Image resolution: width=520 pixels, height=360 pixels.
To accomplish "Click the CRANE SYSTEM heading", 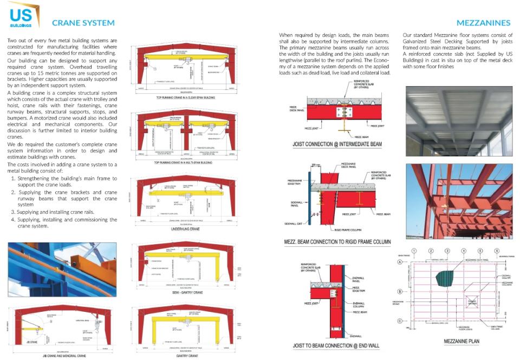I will coord(83,23).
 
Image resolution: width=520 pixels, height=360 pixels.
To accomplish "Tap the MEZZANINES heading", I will coord(483,23).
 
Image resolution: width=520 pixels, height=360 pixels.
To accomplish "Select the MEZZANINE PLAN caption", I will coord(461,342).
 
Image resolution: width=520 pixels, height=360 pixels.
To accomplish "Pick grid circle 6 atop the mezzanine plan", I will coord(497,251).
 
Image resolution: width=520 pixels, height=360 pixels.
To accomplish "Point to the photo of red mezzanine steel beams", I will coord(459,200).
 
